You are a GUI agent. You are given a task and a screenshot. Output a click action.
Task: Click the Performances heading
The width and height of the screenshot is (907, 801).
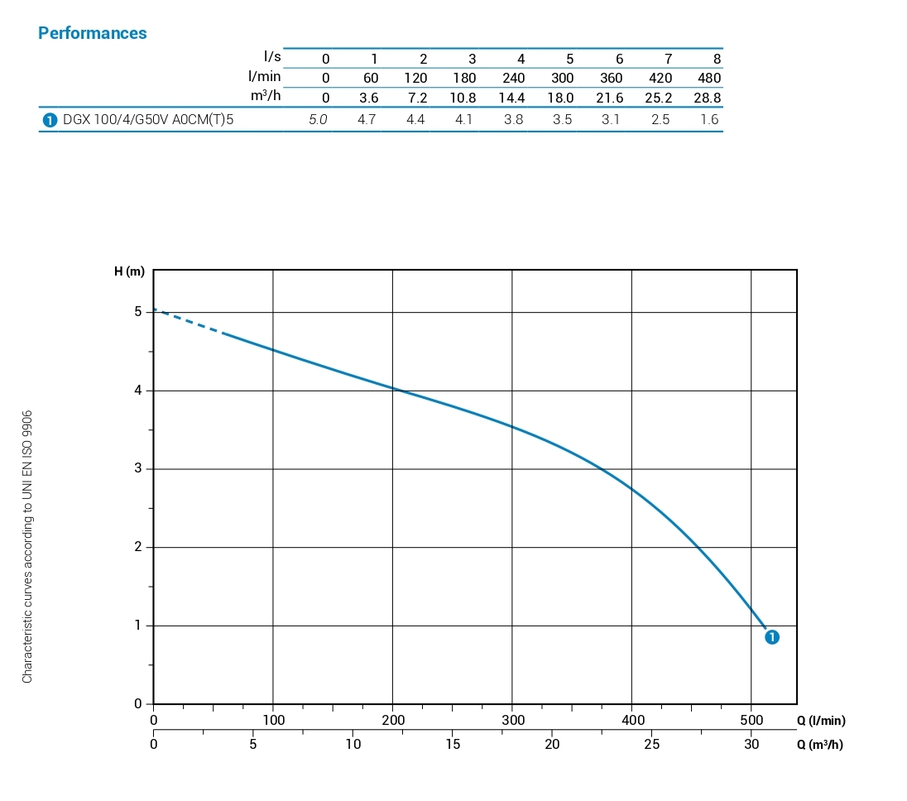click(x=93, y=33)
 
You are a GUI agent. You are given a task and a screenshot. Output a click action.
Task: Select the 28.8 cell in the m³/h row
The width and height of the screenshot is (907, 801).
click(x=707, y=98)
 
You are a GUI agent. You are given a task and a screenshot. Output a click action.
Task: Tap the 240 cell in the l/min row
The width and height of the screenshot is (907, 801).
click(x=513, y=78)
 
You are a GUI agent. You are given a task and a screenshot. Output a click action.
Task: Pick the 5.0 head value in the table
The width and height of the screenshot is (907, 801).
click(x=318, y=119)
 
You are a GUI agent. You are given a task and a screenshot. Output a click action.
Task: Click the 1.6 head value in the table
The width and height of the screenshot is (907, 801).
click(x=709, y=119)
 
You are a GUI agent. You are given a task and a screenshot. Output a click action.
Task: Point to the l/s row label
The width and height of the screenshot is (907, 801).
click(x=272, y=56)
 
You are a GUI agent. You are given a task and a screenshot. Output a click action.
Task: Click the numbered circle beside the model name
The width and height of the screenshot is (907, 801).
click(x=49, y=120)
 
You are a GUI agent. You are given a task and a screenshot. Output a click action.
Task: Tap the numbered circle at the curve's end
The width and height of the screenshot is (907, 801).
click(x=771, y=637)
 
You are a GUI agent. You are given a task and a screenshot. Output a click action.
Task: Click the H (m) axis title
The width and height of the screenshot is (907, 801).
click(x=130, y=271)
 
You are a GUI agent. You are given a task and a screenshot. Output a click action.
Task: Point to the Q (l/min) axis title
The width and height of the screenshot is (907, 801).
click(x=821, y=721)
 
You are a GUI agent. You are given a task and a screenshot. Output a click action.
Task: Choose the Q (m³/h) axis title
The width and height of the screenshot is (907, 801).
click(x=820, y=744)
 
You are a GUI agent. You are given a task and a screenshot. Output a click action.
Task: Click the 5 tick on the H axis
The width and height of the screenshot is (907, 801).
click(x=138, y=312)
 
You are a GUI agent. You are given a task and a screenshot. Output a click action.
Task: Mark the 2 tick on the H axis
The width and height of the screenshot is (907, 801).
click(x=138, y=547)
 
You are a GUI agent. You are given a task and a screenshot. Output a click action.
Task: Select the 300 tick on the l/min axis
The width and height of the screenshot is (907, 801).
click(x=512, y=720)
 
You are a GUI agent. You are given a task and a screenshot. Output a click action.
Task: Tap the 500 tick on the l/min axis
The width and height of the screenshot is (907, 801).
click(x=751, y=720)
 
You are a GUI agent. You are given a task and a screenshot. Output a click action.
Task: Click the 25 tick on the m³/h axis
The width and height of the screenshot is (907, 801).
click(x=652, y=744)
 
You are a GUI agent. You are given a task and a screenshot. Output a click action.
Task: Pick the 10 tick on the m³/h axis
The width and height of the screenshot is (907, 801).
click(x=353, y=744)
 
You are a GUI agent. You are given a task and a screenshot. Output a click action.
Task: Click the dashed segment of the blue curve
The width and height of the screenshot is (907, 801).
click(x=189, y=321)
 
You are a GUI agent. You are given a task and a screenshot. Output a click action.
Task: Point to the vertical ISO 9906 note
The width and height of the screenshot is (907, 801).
click(x=28, y=546)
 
